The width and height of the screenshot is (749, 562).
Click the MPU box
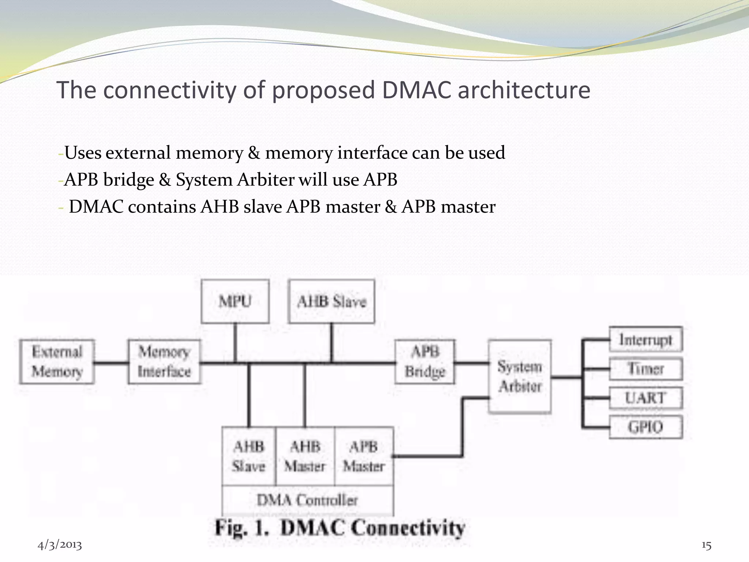[235, 301]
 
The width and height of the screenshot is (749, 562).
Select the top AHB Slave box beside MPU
[331, 301]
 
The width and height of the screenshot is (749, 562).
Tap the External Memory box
[57, 361]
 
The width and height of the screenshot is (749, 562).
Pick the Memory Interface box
[164, 361]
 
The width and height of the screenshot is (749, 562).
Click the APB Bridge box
[425, 361]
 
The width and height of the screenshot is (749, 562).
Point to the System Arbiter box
[520, 376]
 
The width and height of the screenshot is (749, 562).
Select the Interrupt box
[646, 340]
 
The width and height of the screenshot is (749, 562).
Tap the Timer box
[646, 369]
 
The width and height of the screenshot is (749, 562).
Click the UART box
[646, 398]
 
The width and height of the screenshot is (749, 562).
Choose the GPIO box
[646, 427]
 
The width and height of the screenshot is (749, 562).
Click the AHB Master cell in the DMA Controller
[305, 456]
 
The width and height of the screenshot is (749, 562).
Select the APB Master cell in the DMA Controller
[364, 456]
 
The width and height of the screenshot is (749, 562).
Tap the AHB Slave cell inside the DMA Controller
[249, 456]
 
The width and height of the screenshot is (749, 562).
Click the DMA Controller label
[307, 500]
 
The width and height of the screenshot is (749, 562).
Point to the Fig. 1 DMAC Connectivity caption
[339, 528]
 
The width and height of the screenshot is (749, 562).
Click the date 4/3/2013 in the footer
[60, 545]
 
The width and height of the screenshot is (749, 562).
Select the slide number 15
[706, 546]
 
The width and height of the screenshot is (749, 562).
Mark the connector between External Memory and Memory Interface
[111, 363]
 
